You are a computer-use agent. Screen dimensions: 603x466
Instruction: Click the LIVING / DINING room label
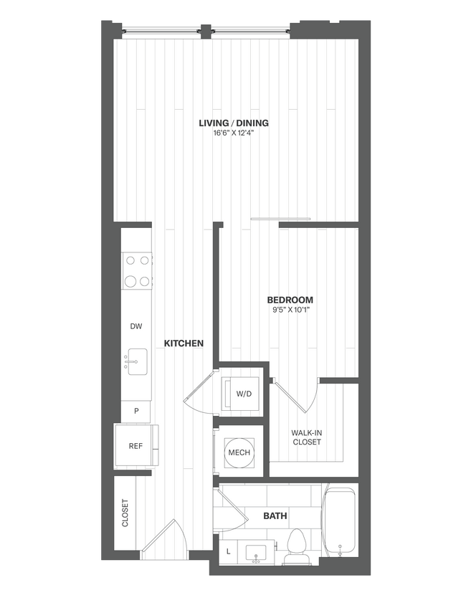coord(228,123)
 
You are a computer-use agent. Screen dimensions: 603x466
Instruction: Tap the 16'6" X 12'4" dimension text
coord(228,133)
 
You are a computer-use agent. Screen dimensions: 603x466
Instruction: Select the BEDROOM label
coord(290,300)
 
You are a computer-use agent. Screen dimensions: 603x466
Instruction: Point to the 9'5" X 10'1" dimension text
coord(290,310)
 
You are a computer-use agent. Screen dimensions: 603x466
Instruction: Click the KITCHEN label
coord(184,343)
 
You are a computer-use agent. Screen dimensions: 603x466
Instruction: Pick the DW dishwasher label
coord(135,326)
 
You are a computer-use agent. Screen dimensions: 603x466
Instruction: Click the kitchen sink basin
coord(136,361)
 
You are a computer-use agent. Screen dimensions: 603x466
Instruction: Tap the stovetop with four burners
coord(137,270)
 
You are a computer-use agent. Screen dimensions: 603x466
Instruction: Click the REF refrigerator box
coord(135,446)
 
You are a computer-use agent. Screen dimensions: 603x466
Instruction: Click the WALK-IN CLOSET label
coord(306,437)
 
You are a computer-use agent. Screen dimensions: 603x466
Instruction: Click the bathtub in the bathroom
coord(340,522)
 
